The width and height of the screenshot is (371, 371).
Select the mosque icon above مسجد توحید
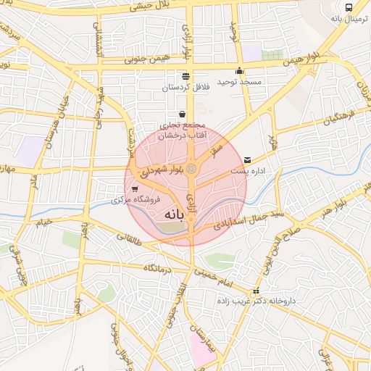tap(240, 71)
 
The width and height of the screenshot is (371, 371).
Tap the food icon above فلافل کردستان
tap(186, 75)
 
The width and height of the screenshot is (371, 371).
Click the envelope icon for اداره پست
tap(249, 159)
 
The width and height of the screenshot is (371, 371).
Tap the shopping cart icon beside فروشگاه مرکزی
tap(135, 188)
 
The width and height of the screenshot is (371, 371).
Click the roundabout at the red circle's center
tap(191, 168)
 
